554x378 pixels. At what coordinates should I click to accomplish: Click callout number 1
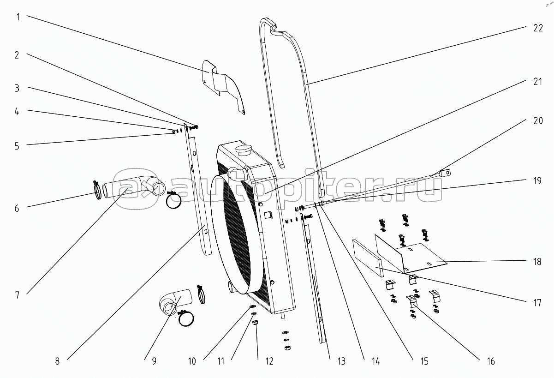coord(18,18)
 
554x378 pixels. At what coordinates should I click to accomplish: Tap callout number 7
coord(18,295)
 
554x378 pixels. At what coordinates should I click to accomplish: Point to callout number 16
coord(490,362)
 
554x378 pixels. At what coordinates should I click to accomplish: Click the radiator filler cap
coord(241,150)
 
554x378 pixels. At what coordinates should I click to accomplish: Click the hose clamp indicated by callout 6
coord(98,189)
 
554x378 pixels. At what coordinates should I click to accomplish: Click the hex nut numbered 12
coord(256,323)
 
